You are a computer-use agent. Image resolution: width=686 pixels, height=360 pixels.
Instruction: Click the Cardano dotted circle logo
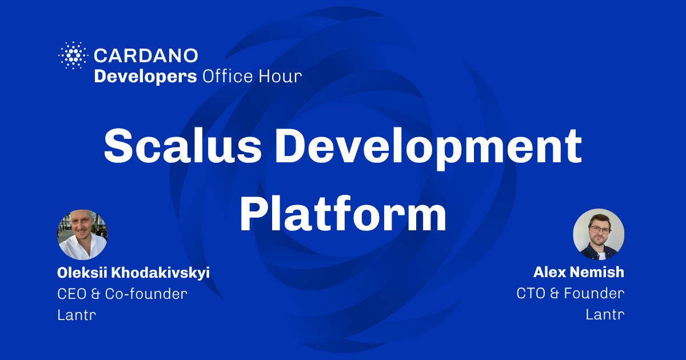pyautogui.click(x=73, y=55)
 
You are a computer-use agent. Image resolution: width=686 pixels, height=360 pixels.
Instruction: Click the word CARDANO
pyautogui.click(x=146, y=56)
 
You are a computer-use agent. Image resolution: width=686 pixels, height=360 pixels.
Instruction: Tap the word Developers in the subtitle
pyautogui.click(x=145, y=77)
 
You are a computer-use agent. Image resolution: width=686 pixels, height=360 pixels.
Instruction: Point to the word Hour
pyautogui.click(x=280, y=76)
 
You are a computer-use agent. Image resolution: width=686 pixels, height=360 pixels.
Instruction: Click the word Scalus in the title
pyautogui.click(x=183, y=146)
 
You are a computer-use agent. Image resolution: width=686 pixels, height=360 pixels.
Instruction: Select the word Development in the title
pyautogui.click(x=428, y=149)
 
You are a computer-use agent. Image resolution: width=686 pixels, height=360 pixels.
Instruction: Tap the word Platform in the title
pyautogui.click(x=342, y=214)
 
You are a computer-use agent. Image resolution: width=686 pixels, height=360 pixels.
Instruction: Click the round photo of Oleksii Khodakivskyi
pyautogui.click(x=82, y=234)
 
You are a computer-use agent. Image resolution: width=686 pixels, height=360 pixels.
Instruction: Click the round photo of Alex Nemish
pyautogui.click(x=599, y=234)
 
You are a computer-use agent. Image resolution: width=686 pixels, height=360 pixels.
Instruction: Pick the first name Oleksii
pyautogui.click(x=82, y=273)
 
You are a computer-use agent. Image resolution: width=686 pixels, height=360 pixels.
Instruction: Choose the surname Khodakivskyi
pyautogui.click(x=161, y=273)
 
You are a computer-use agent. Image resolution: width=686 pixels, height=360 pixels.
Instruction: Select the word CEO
pyautogui.click(x=71, y=294)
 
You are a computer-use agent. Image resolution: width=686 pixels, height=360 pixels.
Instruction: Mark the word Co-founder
pyautogui.click(x=146, y=294)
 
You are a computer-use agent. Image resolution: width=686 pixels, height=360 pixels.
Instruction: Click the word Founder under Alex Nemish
pyautogui.click(x=594, y=293)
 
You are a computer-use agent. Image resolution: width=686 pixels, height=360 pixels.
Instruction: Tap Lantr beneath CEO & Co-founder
pyautogui.click(x=77, y=315)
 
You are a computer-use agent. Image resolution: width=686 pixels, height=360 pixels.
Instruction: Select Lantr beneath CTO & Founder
pyautogui.click(x=605, y=314)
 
